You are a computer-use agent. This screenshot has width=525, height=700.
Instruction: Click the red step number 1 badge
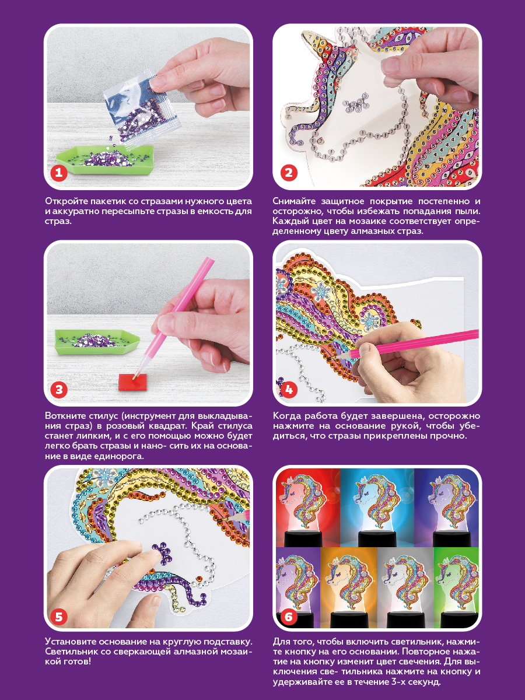[59, 173]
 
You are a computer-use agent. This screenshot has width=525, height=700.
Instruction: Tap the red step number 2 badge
[289, 173]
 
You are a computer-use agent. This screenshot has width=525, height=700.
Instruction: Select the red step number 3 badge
[59, 390]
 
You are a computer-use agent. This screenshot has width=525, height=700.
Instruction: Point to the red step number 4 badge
[289, 390]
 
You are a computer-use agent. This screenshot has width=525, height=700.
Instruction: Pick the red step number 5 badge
[59, 617]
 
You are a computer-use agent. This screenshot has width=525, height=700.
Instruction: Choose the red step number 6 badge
[289, 617]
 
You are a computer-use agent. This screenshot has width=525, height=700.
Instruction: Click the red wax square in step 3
[132, 381]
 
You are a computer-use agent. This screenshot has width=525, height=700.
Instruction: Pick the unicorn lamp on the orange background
[348, 593]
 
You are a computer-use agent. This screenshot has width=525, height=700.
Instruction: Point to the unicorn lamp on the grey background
[405, 593]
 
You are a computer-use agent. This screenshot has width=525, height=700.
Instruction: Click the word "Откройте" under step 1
[66, 201]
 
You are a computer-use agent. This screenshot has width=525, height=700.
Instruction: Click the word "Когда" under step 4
[286, 416]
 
